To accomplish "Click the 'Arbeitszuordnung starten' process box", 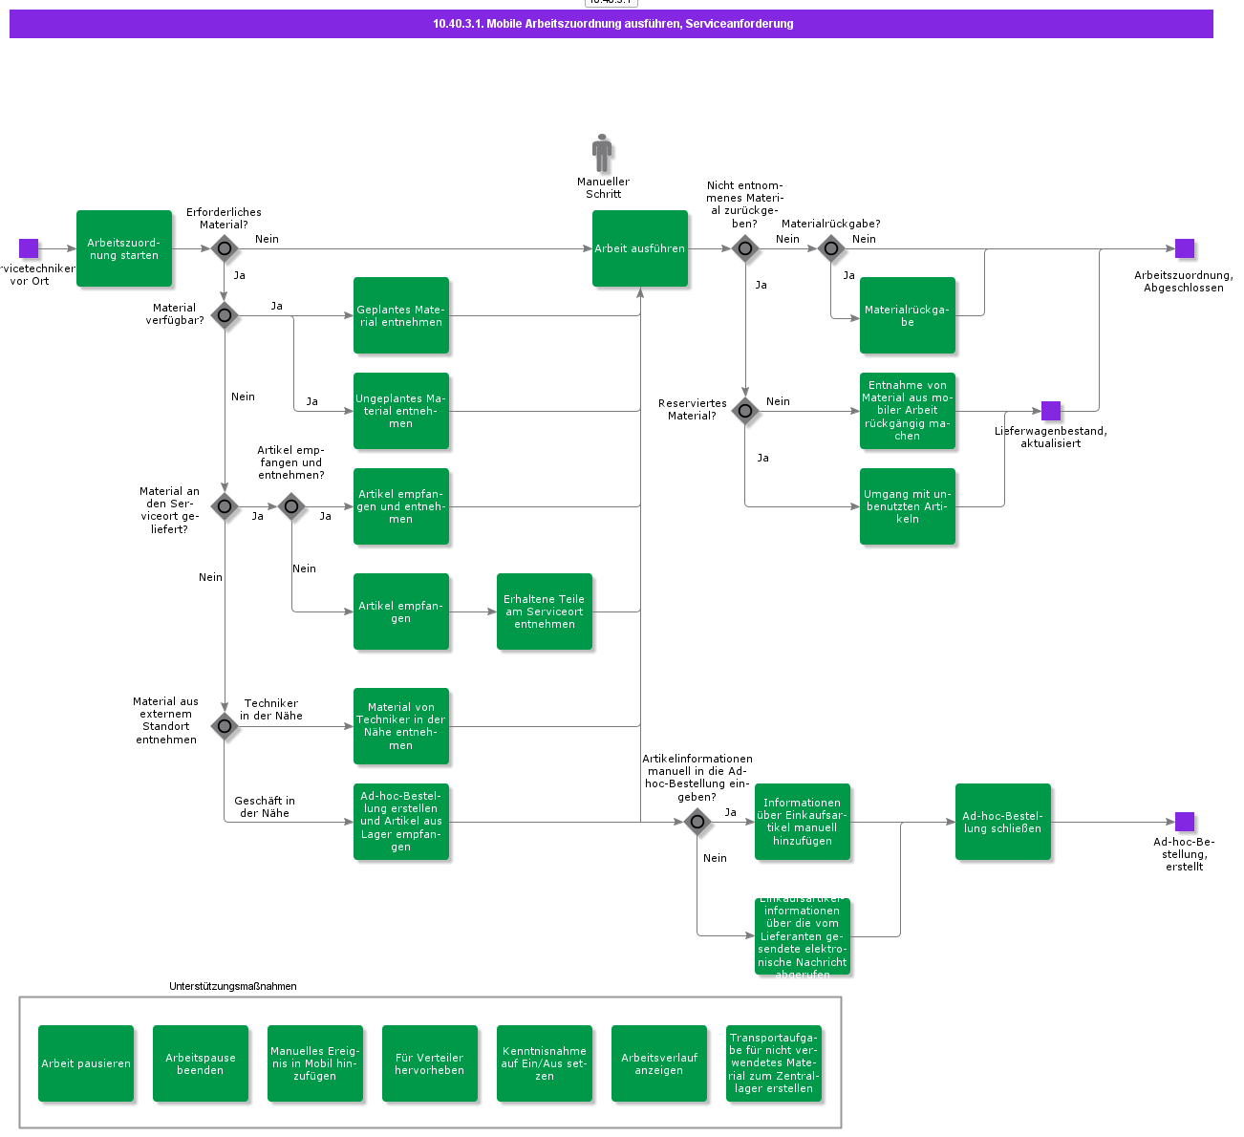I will [124, 248].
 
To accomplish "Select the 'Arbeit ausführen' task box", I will [640, 248].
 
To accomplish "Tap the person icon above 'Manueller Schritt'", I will [602, 154].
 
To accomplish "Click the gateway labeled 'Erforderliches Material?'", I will [225, 248].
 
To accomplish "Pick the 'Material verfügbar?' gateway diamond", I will [225, 315].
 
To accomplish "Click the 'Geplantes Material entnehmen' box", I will [401, 315].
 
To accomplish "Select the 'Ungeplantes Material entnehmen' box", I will [401, 411].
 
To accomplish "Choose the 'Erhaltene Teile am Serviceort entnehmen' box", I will [545, 611].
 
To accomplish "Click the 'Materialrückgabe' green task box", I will [908, 315].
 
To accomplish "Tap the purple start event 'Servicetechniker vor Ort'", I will [29, 248].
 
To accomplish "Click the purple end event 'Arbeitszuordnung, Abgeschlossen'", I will [1185, 248].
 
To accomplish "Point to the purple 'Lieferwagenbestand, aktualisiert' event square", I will [1051, 411].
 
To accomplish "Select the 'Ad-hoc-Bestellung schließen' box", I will [1003, 822].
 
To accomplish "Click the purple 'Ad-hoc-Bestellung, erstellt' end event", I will [1185, 822].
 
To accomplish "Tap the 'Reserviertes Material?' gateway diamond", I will [745, 411].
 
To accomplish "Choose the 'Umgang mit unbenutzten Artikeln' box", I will [908, 506].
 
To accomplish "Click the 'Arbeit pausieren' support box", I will [86, 1063].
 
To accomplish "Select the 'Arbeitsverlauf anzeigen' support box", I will [659, 1063].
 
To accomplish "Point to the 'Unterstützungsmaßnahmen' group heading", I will [233, 986].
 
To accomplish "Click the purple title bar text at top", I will [612, 24].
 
